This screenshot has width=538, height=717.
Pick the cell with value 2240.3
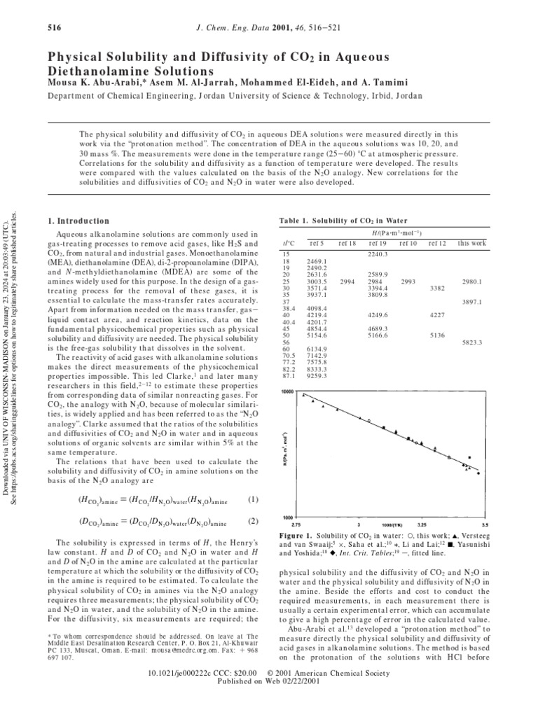click(x=378, y=253)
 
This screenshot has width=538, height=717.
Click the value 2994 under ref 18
click(x=347, y=280)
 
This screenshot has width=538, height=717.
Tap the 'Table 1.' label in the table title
click(x=296, y=221)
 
